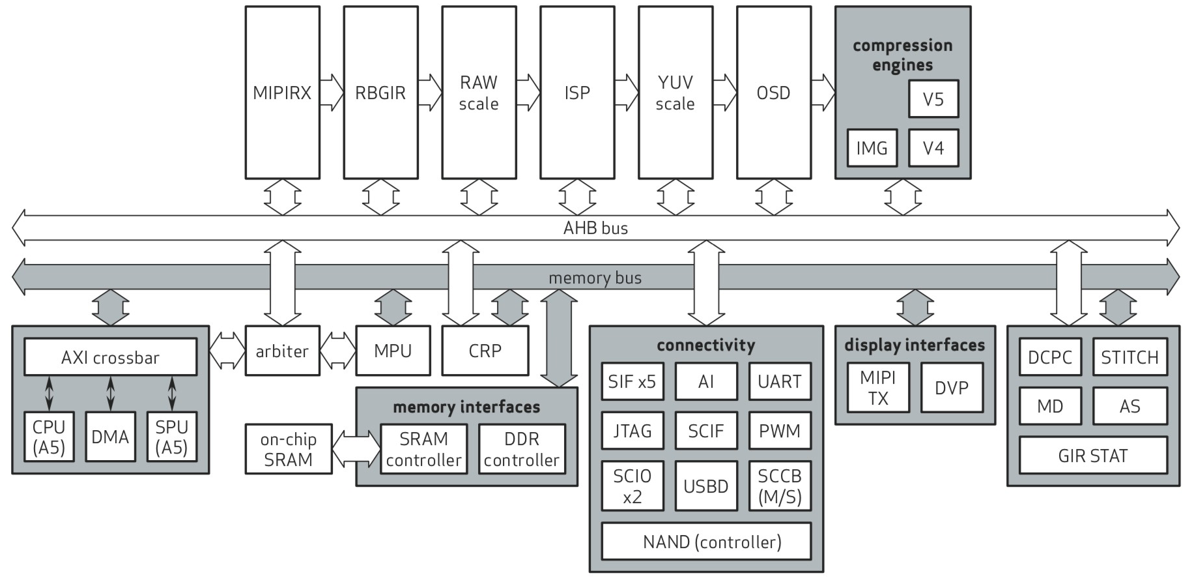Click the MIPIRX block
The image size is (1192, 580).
(x=282, y=93)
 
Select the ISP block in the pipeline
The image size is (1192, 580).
(x=577, y=93)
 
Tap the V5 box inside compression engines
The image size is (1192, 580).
(x=933, y=99)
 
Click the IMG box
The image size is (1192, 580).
(x=872, y=148)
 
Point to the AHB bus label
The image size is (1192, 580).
(x=595, y=228)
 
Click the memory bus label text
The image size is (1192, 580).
(x=595, y=278)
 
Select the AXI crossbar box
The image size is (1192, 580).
(x=110, y=357)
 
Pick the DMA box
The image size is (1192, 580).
(x=110, y=437)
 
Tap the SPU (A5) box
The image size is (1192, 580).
(x=171, y=437)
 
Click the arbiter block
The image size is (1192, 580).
(x=282, y=351)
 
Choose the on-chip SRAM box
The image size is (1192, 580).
(x=288, y=449)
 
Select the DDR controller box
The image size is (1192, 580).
(x=521, y=449)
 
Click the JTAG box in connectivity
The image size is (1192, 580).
(x=632, y=431)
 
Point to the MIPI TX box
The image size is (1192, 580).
(x=877, y=388)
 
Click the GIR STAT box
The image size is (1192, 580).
(x=1092, y=456)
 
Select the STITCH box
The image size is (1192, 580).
(x=1129, y=357)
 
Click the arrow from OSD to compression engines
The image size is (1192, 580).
(x=823, y=93)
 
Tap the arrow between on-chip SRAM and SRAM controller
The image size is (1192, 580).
(x=356, y=449)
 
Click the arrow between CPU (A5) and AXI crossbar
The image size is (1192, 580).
(x=49, y=394)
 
